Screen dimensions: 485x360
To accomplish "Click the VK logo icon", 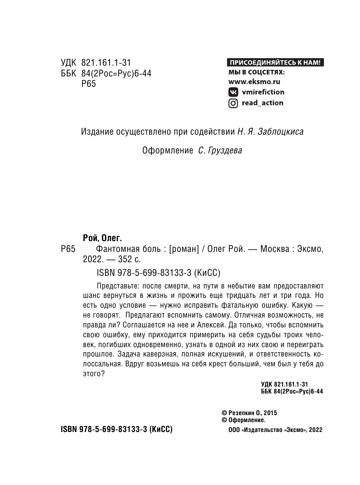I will [x=232, y=92].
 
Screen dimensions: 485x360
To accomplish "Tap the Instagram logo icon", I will [x=232, y=103].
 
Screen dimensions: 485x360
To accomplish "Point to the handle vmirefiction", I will [x=262, y=92].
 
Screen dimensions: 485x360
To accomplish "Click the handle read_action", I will [x=262, y=103].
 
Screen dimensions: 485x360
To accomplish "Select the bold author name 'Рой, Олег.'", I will [x=98, y=238].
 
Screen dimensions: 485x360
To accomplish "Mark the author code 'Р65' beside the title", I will [x=68, y=250].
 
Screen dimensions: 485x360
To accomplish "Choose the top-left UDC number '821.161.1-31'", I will [x=106, y=62].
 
